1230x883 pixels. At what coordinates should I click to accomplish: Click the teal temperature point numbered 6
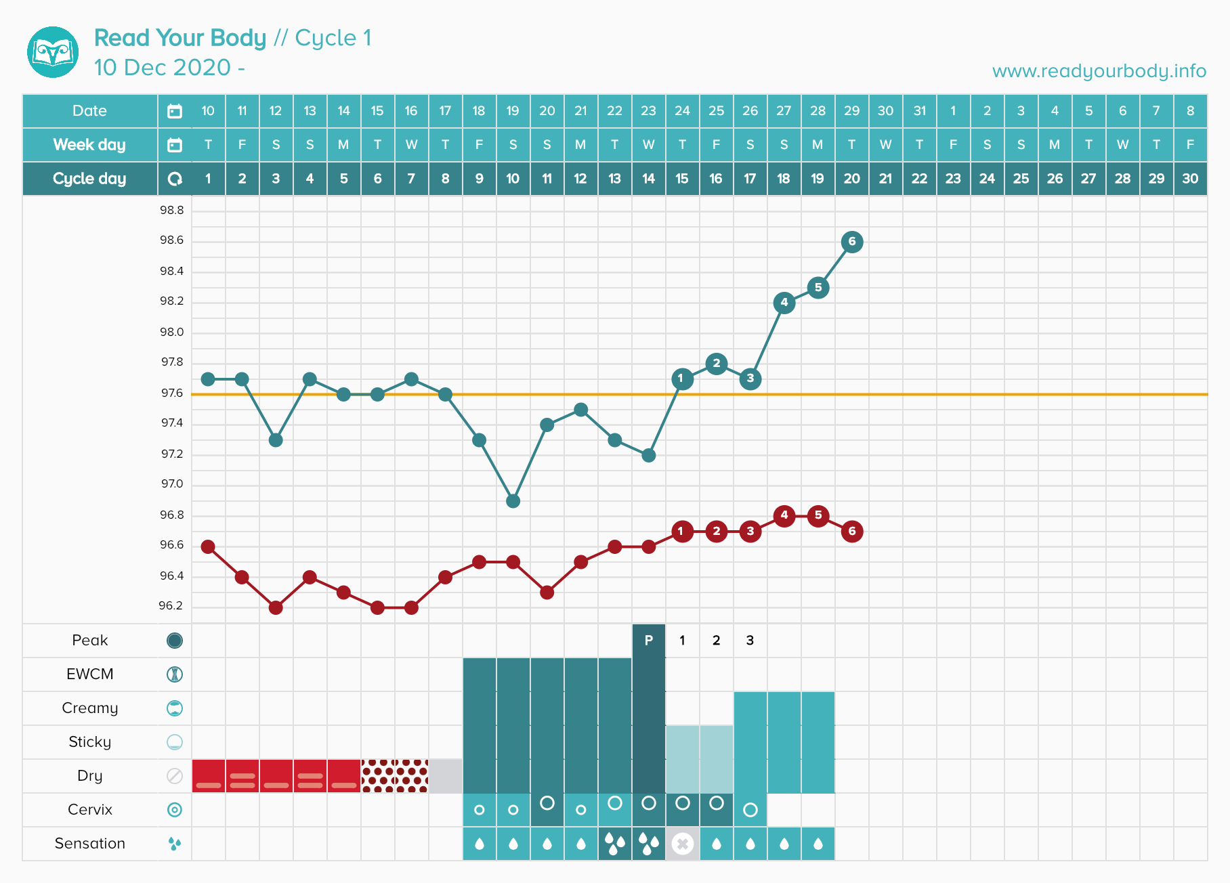(x=851, y=242)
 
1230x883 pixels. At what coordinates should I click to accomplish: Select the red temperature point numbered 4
(x=784, y=515)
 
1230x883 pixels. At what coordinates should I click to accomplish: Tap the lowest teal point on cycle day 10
(x=513, y=501)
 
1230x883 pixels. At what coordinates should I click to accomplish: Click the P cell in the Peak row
(x=648, y=641)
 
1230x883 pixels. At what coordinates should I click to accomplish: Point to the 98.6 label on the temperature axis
(x=171, y=240)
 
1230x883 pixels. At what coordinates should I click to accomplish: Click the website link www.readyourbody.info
(x=1099, y=71)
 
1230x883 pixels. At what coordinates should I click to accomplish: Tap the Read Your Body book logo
(x=53, y=52)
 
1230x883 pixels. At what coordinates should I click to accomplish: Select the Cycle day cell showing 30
(x=1190, y=179)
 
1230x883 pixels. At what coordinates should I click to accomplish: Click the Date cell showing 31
(x=919, y=111)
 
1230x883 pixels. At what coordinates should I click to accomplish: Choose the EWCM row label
(x=90, y=674)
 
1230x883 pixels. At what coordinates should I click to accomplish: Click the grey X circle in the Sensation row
(x=682, y=844)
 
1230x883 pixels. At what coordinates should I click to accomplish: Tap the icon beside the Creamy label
(x=175, y=708)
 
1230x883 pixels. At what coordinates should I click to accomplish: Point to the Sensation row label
(x=90, y=844)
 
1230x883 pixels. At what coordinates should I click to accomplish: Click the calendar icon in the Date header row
(x=175, y=111)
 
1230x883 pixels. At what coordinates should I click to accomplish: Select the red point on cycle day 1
(x=208, y=546)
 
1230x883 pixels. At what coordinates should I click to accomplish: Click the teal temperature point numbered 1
(x=682, y=379)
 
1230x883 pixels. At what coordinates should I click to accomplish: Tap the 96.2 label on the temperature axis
(x=171, y=606)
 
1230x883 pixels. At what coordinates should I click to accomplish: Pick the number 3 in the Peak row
(x=750, y=641)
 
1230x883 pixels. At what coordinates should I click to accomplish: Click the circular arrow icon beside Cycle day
(x=175, y=179)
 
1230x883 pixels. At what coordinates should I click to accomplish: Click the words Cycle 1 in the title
(x=333, y=38)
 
